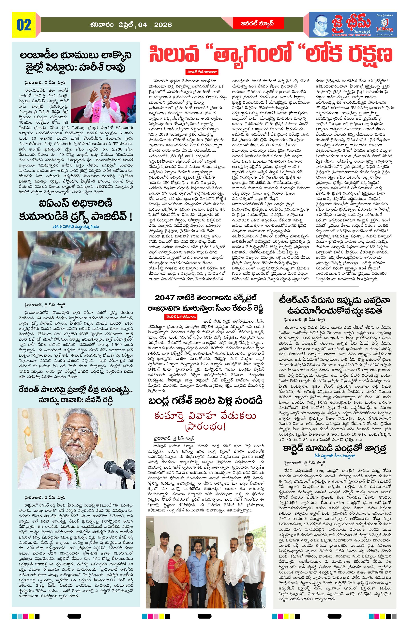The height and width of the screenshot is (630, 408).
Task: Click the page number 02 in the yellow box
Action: (24, 25)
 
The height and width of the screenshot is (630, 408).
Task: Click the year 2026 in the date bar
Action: (163, 25)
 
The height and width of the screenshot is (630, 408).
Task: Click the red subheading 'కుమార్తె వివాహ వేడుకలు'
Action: (205, 416)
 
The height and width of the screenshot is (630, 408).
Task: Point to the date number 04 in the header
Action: (143, 25)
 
